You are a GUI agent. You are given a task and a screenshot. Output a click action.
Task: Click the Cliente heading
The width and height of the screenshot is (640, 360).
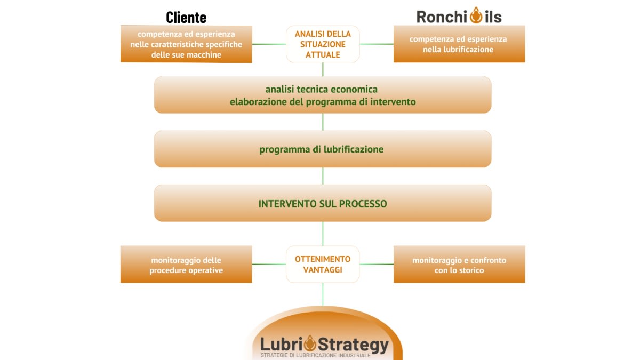(x=186, y=17)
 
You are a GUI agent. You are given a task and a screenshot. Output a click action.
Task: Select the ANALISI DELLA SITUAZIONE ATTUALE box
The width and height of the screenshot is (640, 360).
(x=323, y=44)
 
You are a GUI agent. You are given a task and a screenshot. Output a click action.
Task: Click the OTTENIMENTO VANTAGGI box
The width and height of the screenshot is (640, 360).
(x=323, y=265)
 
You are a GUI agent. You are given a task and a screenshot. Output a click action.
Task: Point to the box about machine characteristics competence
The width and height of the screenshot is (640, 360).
(x=186, y=44)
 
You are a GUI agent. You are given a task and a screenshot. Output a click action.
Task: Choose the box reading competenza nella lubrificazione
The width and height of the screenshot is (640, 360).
(x=459, y=44)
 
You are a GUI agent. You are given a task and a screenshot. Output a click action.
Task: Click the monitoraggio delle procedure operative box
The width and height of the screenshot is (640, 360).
(x=186, y=265)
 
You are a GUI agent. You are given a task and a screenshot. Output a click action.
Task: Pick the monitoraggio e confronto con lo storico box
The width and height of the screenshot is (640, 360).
(x=459, y=265)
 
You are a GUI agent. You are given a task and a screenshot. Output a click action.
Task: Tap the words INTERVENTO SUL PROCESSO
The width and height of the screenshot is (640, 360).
(x=323, y=204)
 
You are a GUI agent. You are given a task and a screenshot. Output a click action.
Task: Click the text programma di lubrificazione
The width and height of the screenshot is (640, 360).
(x=322, y=150)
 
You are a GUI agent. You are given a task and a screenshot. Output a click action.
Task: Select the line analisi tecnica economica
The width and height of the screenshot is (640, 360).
(x=322, y=90)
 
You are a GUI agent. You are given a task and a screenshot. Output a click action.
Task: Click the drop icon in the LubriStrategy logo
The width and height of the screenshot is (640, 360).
(x=311, y=343)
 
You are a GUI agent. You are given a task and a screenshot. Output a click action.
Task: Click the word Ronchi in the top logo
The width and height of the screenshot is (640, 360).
(x=442, y=17)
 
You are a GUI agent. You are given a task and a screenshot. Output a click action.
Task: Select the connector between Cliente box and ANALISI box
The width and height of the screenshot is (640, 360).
(x=269, y=44)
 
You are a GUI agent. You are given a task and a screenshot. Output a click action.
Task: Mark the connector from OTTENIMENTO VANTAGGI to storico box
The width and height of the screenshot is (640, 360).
(x=377, y=264)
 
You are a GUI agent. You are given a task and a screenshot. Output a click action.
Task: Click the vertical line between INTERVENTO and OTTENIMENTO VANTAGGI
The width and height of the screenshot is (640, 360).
(x=323, y=234)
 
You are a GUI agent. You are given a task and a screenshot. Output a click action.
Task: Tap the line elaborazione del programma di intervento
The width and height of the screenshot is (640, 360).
(x=323, y=101)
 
